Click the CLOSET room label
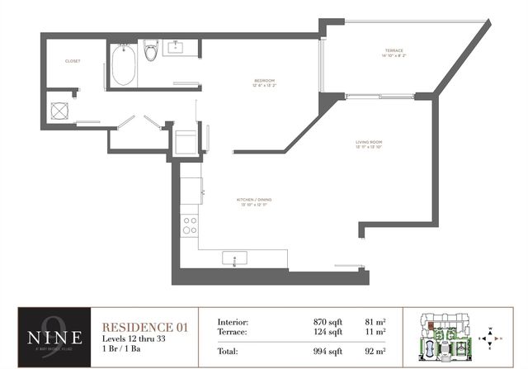pos(73,61)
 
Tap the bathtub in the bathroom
pos(125,65)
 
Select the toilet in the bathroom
pos(151,52)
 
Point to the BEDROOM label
pos(264,81)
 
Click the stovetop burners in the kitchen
pos(191,225)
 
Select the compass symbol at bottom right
pos(491,337)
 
